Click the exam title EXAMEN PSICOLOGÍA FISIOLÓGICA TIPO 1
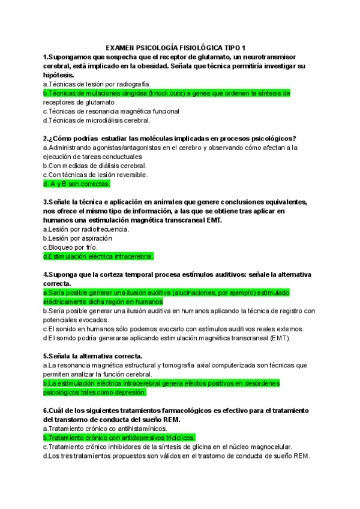180,47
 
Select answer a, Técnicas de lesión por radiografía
97,84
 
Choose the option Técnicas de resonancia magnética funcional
111,111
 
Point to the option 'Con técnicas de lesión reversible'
95,175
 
